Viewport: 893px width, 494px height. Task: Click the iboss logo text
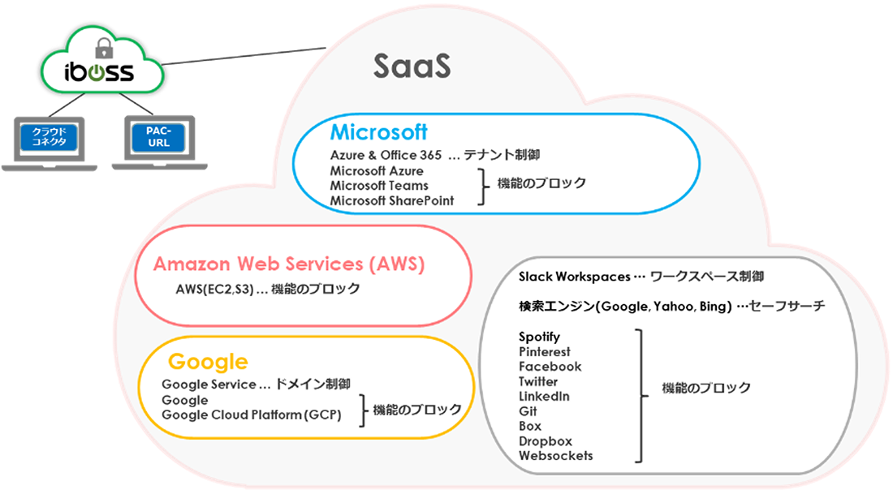[x=99, y=72]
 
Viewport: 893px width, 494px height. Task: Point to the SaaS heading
[x=412, y=67]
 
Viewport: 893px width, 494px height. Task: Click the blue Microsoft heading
[x=378, y=132]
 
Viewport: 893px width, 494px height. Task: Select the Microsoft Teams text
[x=379, y=186]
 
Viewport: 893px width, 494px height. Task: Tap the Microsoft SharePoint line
[x=392, y=200]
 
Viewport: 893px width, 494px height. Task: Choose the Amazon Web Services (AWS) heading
[x=289, y=264]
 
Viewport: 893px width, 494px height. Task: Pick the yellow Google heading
[x=207, y=361]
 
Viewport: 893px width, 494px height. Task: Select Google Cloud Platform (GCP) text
[x=252, y=415]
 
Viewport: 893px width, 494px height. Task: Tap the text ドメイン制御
[x=313, y=384]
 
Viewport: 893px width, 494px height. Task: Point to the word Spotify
[x=539, y=337]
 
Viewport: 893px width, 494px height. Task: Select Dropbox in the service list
[x=545, y=441]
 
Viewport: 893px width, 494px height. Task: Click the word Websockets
[x=555, y=456]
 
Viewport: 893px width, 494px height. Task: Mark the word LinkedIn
[x=543, y=397]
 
